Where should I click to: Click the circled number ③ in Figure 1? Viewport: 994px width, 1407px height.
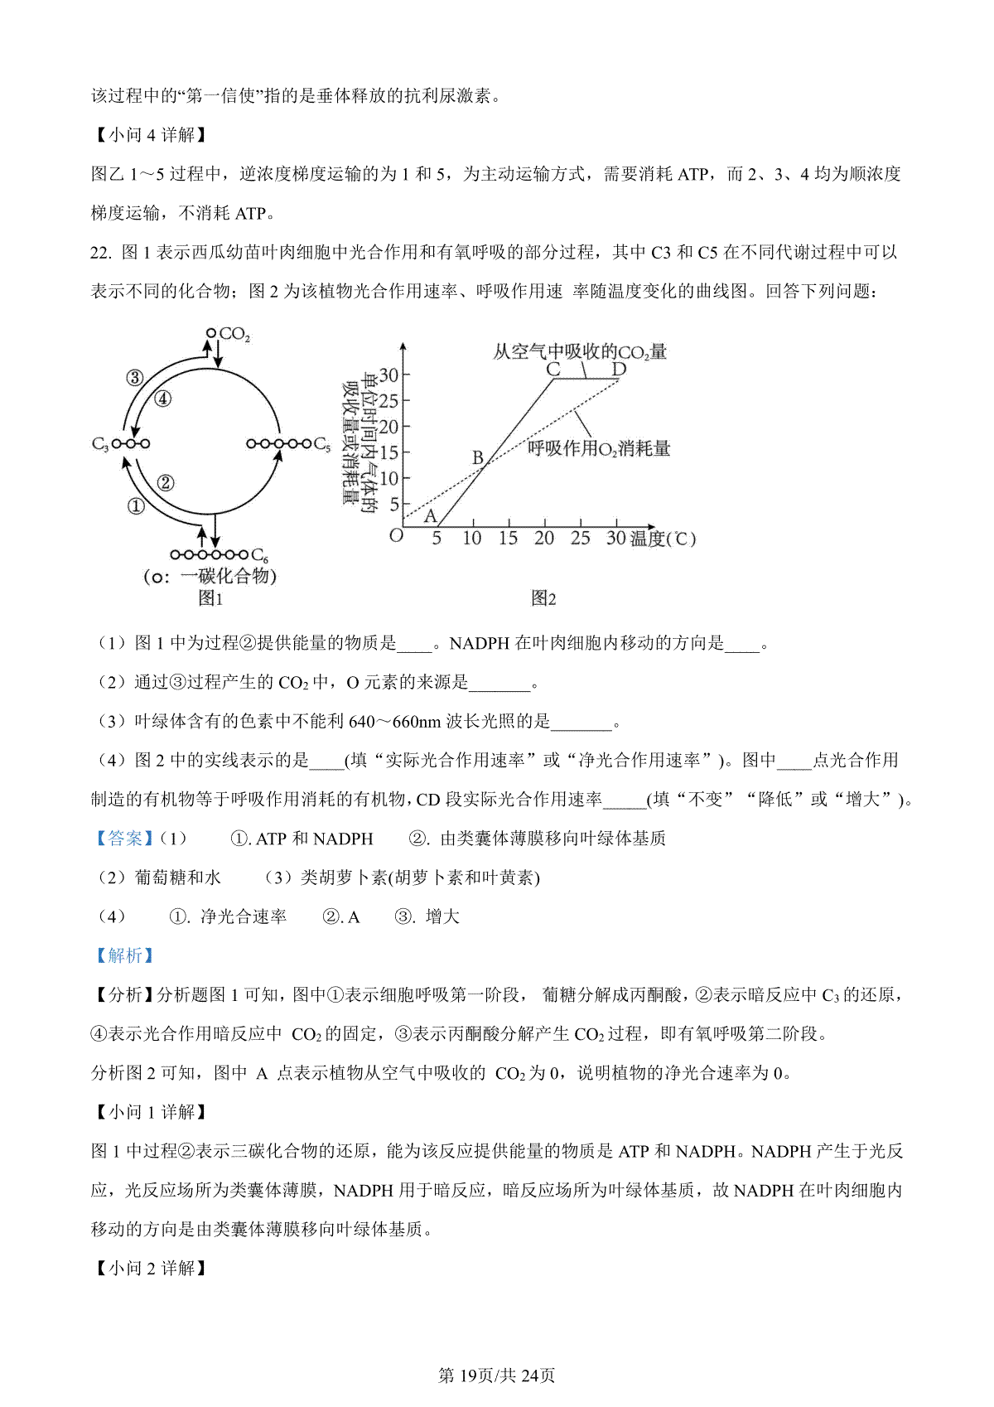point(134,379)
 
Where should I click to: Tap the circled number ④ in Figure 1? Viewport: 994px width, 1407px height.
point(163,399)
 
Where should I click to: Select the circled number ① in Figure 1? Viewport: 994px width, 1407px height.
point(136,505)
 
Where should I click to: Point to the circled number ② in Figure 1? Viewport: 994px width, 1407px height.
point(165,482)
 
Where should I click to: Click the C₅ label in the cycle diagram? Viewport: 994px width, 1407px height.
point(322,445)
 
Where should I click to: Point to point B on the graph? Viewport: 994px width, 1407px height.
point(477,457)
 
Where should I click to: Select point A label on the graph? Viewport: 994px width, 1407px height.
point(430,516)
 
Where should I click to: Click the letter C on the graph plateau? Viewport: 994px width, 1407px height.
point(553,370)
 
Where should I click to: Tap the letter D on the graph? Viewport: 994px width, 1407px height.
point(619,370)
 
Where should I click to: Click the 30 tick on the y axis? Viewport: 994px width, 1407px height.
point(388,375)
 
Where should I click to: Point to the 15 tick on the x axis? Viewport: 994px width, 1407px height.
point(508,539)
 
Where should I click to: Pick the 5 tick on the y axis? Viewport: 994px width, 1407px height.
point(393,504)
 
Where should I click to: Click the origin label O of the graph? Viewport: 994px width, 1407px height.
point(396,536)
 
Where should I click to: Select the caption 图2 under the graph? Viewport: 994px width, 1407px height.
point(543,598)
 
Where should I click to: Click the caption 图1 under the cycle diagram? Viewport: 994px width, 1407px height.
point(210,598)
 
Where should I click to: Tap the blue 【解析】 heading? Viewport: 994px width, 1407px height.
point(125,955)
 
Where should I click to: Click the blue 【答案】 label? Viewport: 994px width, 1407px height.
point(125,839)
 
